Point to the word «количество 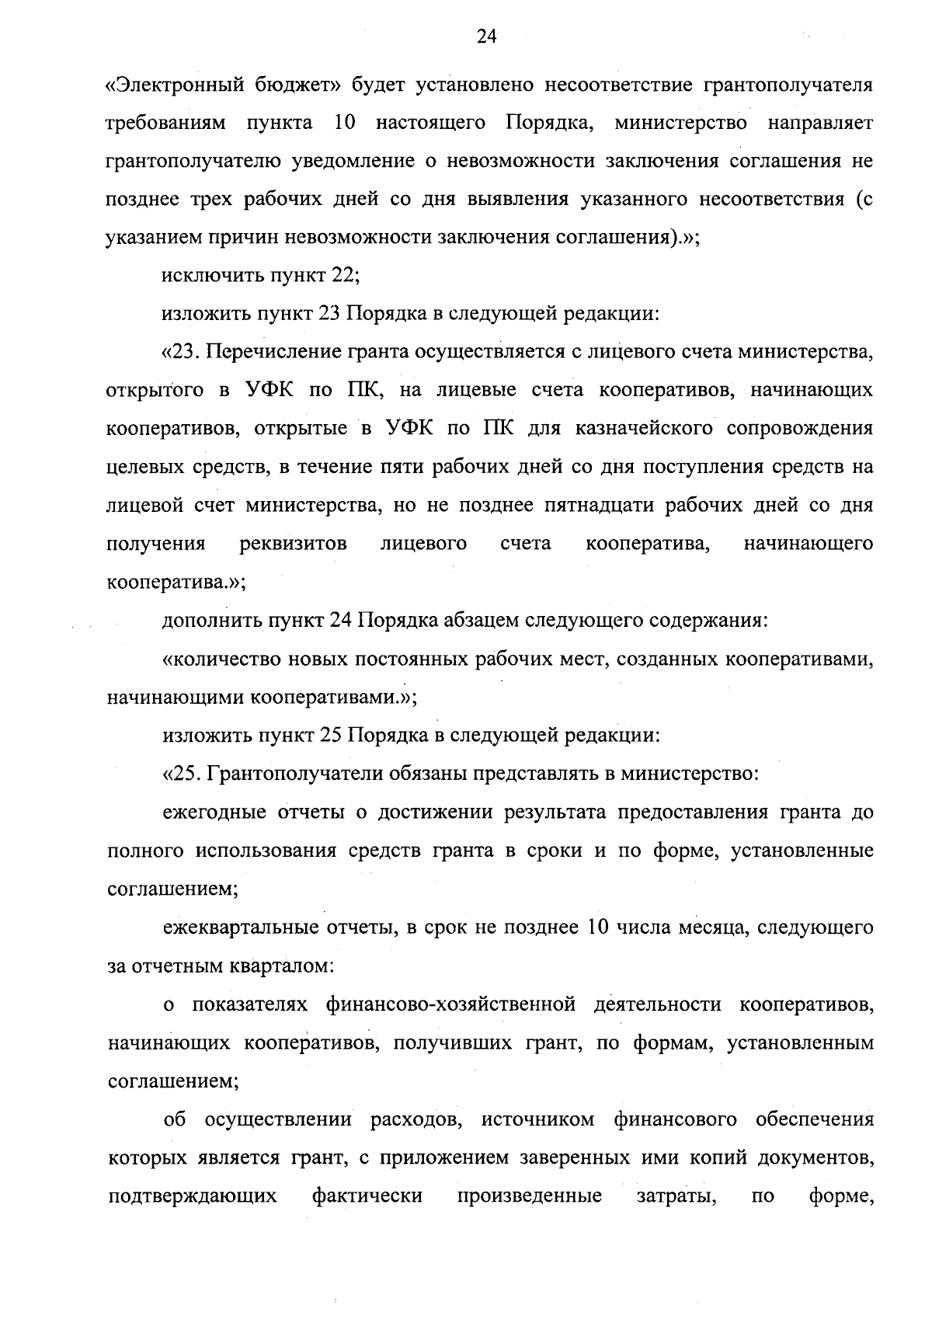click(217, 659)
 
